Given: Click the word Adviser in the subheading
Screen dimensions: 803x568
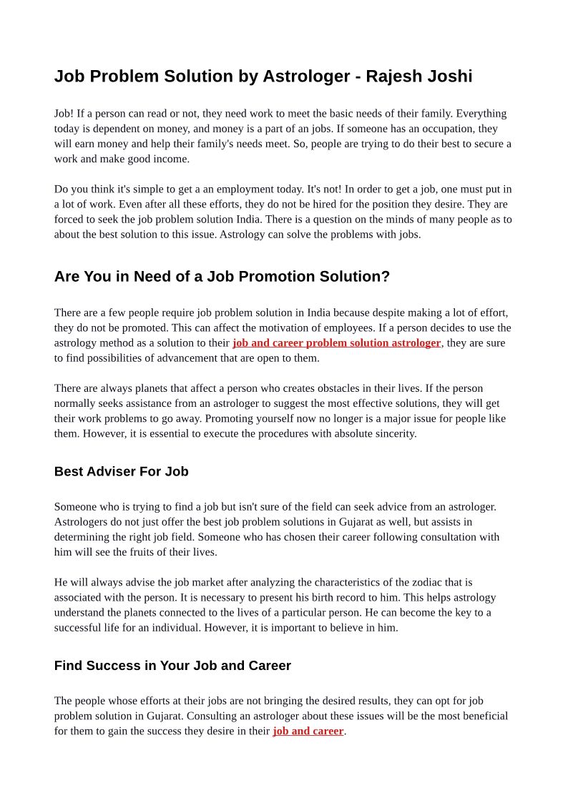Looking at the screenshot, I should pyautogui.click(x=114, y=471).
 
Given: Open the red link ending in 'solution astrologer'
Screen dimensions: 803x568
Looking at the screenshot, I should pyautogui.click(x=336, y=343).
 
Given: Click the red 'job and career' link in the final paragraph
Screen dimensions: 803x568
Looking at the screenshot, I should pyautogui.click(x=308, y=731).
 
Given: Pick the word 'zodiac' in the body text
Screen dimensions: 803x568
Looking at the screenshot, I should pyautogui.click(x=411, y=582).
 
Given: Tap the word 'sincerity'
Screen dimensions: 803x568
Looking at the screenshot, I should pyautogui.click(x=393, y=433).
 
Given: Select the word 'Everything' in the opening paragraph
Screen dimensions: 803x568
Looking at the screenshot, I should pyautogui.click(x=481, y=114).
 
